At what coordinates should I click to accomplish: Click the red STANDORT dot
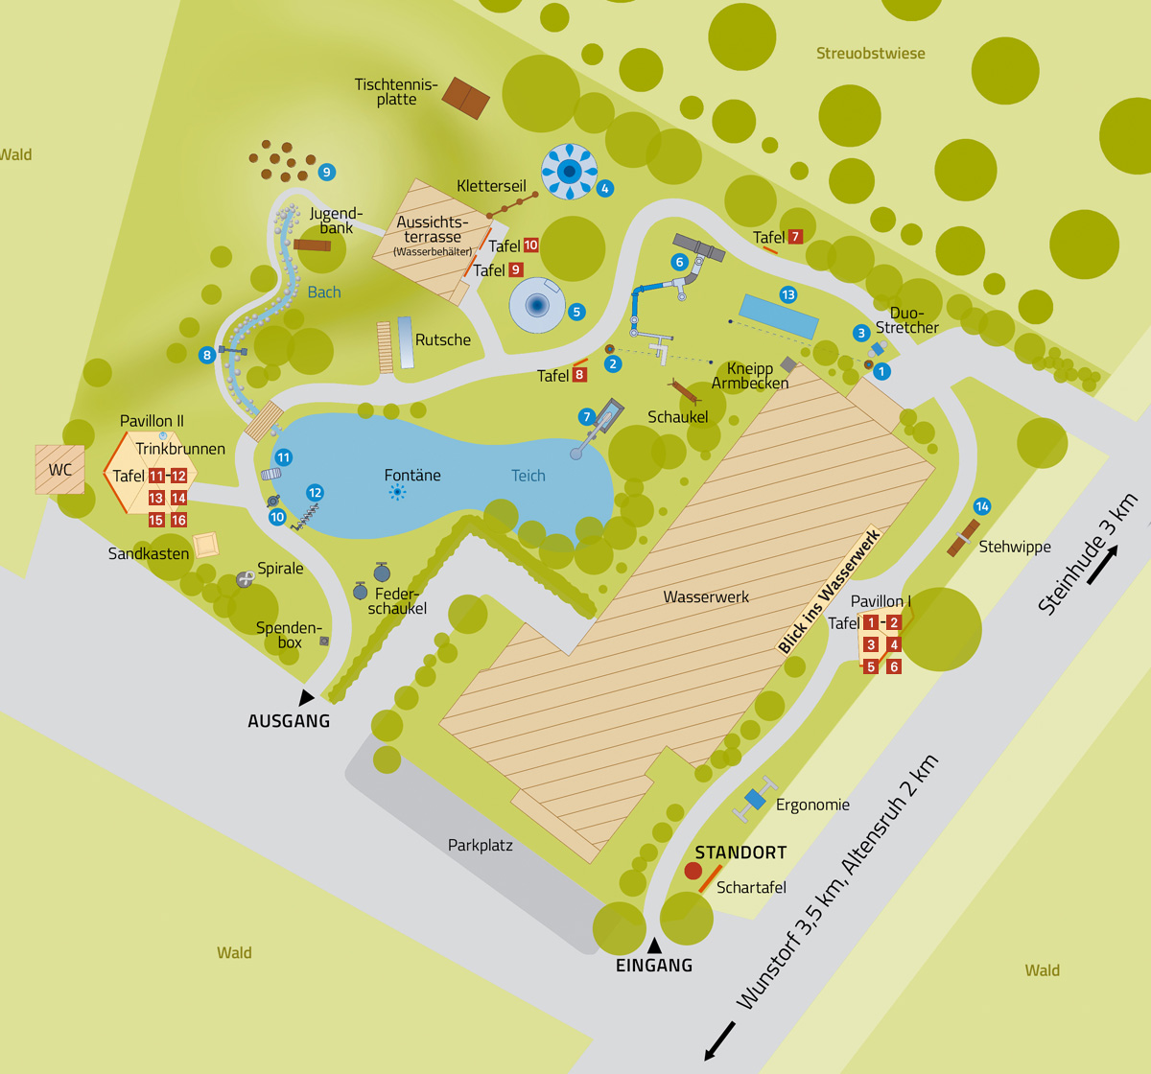(693, 871)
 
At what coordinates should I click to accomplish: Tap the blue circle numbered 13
(788, 294)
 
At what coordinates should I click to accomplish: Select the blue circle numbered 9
(327, 173)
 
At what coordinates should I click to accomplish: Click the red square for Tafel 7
(795, 237)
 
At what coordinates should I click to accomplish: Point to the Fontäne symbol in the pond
(397, 492)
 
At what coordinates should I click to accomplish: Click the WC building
(59, 469)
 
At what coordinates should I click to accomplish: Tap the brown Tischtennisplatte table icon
(465, 98)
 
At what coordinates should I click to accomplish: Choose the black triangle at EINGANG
(654, 946)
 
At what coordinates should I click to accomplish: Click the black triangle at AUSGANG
(306, 698)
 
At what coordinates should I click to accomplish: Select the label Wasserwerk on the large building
(706, 596)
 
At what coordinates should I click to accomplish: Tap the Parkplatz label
(480, 845)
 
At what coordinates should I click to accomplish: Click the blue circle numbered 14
(981, 506)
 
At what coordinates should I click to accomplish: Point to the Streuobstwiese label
(870, 54)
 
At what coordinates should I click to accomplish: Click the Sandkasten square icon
(206, 546)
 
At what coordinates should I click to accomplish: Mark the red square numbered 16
(178, 520)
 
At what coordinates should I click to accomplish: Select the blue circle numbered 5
(576, 312)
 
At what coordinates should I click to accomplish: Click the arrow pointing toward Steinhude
(1102, 565)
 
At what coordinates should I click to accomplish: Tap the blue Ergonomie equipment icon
(755, 799)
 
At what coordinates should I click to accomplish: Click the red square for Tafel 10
(530, 245)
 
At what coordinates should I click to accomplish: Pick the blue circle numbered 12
(315, 493)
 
